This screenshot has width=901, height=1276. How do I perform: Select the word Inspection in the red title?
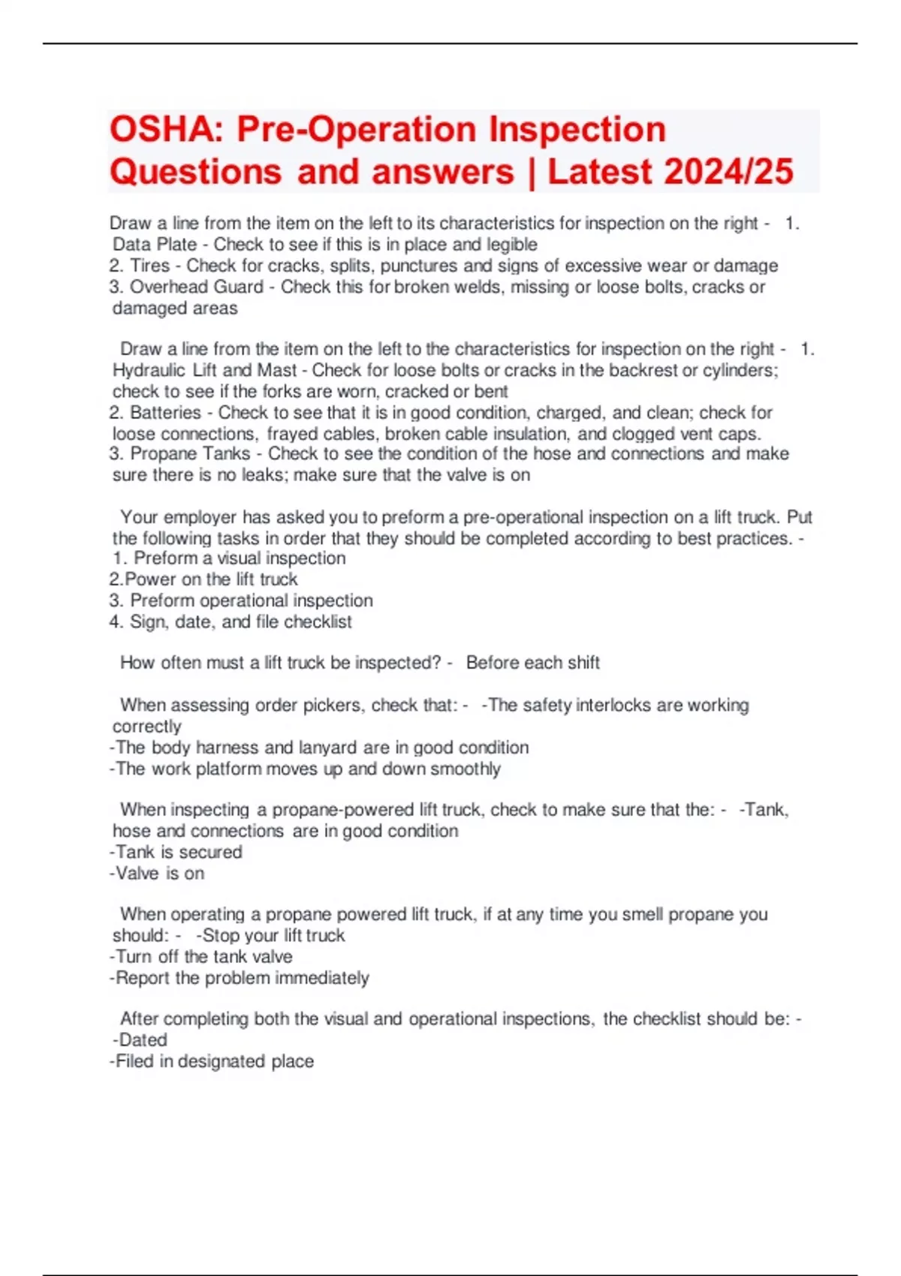pos(577,130)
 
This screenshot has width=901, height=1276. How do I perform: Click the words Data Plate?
pos(155,245)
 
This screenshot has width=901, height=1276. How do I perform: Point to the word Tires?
pos(150,266)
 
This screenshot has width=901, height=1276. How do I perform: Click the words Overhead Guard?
pos(197,287)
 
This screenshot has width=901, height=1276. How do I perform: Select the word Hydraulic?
pos(149,370)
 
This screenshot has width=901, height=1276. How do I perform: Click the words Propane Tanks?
pos(190,454)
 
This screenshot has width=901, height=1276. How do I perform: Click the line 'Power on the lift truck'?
pos(204,579)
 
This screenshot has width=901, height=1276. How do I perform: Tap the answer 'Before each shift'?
pos(532,663)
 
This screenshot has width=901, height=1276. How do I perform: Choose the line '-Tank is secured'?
pos(176,852)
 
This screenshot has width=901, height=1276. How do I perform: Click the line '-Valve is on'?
pos(157,873)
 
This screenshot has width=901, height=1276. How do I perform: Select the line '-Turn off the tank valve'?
pos(201,956)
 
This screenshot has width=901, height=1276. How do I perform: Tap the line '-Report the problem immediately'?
pos(240,978)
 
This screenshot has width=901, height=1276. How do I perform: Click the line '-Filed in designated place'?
pos(212,1061)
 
